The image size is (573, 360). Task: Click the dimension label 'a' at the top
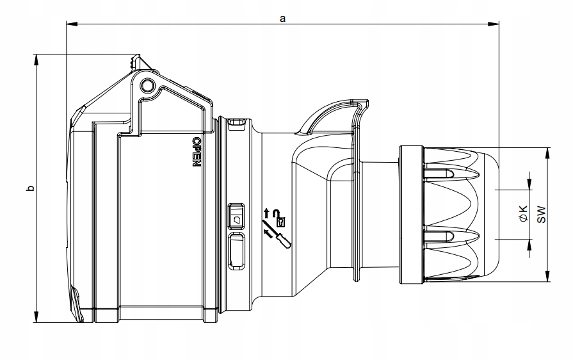[x=282, y=19]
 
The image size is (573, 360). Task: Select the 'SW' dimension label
[x=541, y=215]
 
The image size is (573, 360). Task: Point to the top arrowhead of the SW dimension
[x=549, y=151]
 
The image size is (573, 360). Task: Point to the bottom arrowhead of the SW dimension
[x=549, y=277]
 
